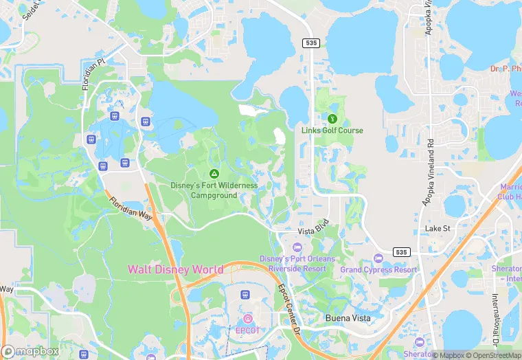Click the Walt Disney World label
pos(175,269)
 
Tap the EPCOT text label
pos(248,330)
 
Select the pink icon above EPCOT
pos(248,318)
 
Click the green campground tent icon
pos(214,174)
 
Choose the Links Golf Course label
pos(332,131)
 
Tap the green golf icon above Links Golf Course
pos(332,118)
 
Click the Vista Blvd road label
pos(313,232)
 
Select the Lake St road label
pos(437,228)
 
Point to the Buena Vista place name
pos(348,318)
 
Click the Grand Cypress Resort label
pos(378,270)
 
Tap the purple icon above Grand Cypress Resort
pos(378,258)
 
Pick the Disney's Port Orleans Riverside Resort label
pos(297,264)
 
